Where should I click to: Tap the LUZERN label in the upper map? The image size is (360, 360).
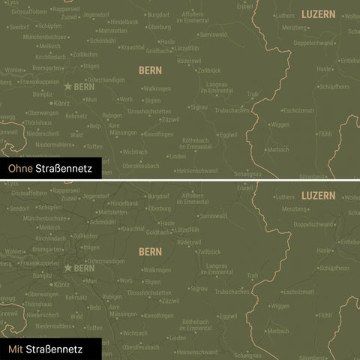[319, 14]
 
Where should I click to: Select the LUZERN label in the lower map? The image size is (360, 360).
[319, 195]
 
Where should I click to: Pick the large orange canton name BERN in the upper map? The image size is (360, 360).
[150, 70]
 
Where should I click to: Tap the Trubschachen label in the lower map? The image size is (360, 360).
[232, 291]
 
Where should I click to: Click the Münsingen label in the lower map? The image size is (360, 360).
[123, 313]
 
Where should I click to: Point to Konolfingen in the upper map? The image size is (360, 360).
[157, 135]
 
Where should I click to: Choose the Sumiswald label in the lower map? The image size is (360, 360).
[213, 215]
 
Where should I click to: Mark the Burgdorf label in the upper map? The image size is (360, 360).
[158, 14]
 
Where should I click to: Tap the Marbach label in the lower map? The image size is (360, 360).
[278, 331]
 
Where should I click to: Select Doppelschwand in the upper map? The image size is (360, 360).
[313, 43]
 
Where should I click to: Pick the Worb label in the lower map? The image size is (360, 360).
[125, 280]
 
